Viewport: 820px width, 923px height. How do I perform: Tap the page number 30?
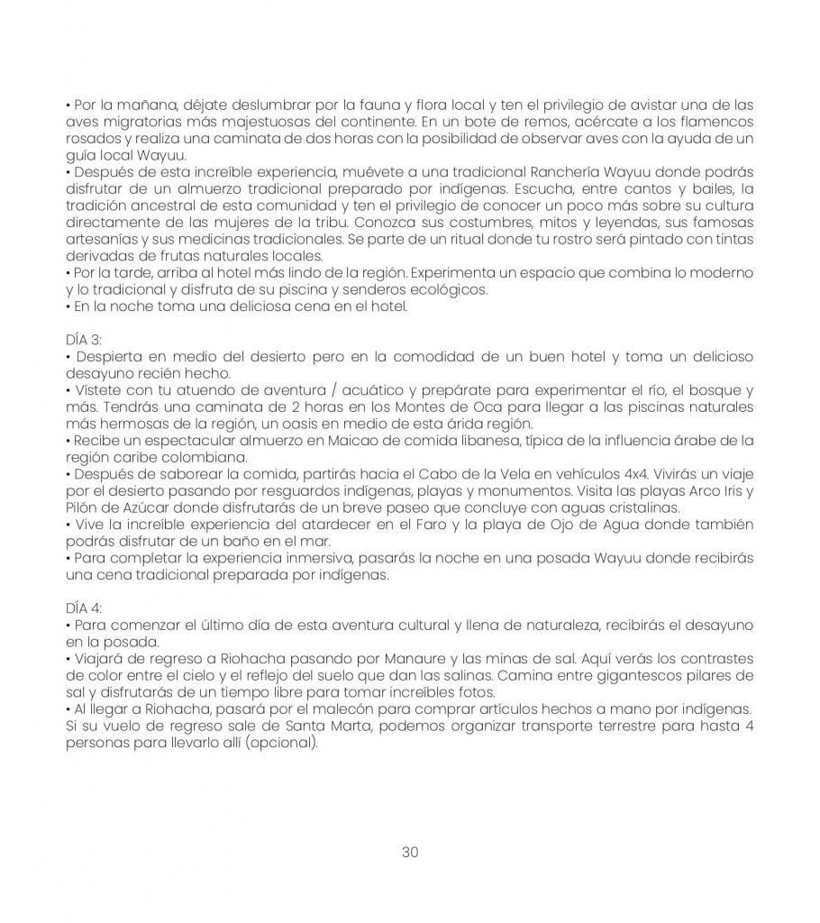click(410, 852)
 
